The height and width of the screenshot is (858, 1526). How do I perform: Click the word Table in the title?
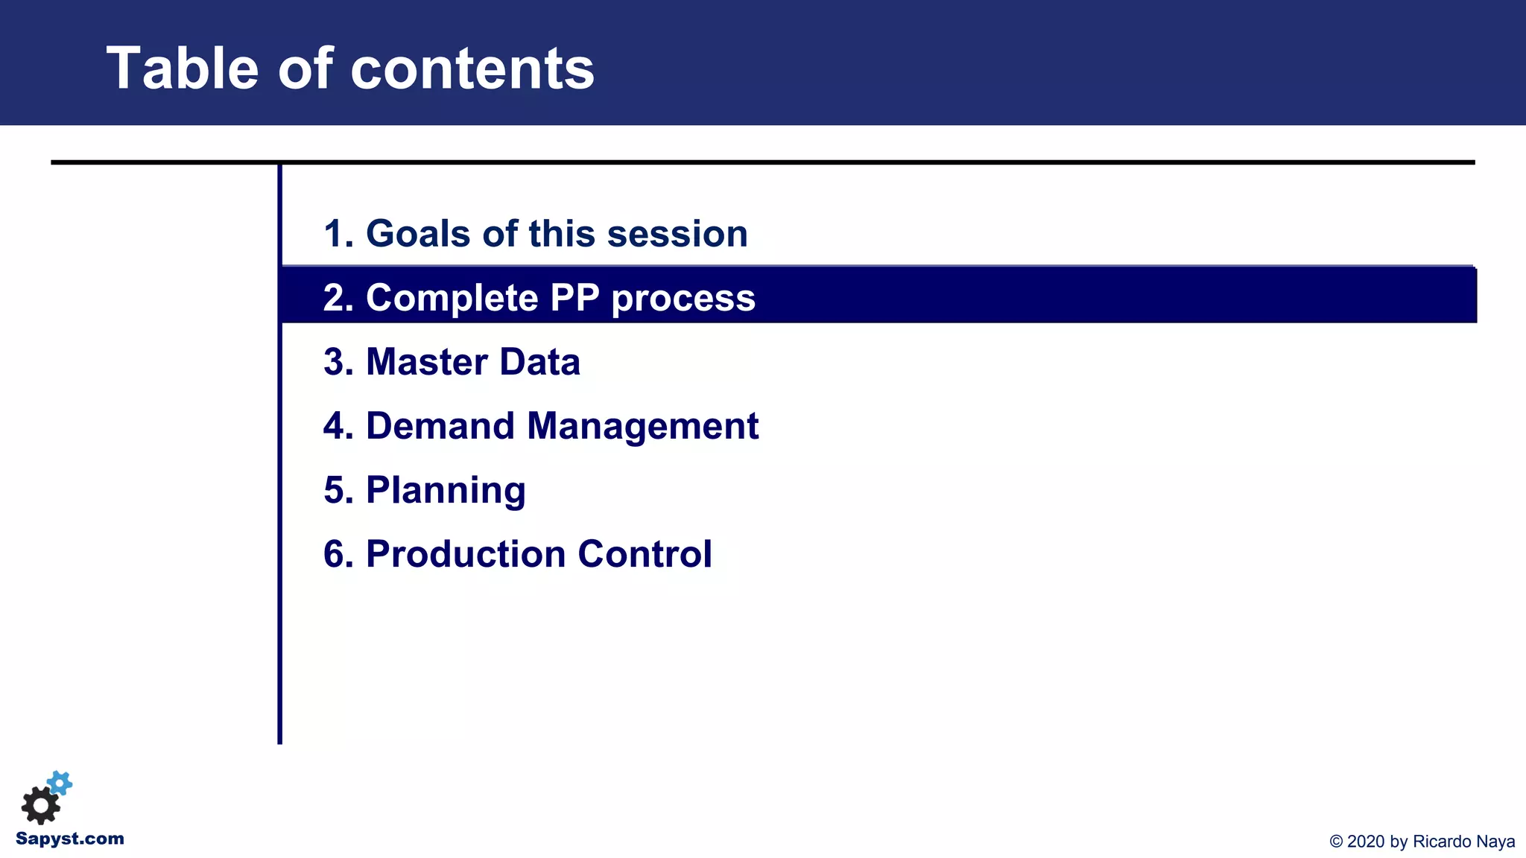pyautogui.click(x=183, y=69)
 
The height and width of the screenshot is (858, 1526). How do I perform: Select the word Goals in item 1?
pyautogui.click(x=418, y=234)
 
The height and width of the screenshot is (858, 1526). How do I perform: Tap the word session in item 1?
pyautogui.click(x=677, y=234)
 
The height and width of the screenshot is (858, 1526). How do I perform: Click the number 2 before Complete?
pyautogui.click(x=334, y=298)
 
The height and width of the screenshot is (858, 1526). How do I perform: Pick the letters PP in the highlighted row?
pyautogui.click(x=574, y=298)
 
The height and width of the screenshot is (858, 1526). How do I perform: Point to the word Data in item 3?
pyautogui.click(x=539, y=362)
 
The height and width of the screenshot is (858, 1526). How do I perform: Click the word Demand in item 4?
pyautogui.click(x=440, y=426)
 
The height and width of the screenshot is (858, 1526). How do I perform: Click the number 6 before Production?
pyautogui.click(x=334, y=554)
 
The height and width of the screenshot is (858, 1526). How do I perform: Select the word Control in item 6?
pyautogui.click(x=645, y=554)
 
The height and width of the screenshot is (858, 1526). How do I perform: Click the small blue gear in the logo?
pyautogui.click(x=60, y=783)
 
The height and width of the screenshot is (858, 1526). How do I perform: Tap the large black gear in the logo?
pyautogui.click(x=40, y=806)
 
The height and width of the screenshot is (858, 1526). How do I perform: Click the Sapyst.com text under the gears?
pyautogui.click(x=70, y=839)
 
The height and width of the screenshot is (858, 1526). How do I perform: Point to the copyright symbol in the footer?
pyautogui.click(x=1336, y=842)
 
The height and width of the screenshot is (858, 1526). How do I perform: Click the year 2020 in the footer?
pyautogui.click(x=1366, y=842)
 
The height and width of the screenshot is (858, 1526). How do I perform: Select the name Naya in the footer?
pyautogui.click(x=1496, y=842)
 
